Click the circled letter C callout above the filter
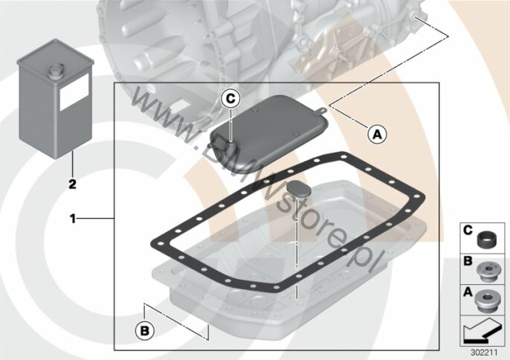[230, 98]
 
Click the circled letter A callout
[378, 134]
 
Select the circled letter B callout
[145, 331]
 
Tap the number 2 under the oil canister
[72, 184]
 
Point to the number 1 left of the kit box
[73, 219]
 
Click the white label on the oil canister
[74, 91]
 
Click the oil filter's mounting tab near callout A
[322, 111]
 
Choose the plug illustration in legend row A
[486, 301]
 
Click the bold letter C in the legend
[468, 231]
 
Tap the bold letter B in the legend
[468, 261]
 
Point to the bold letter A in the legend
[468, 292]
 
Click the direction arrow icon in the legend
[482, 331]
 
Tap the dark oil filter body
[268, 133]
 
